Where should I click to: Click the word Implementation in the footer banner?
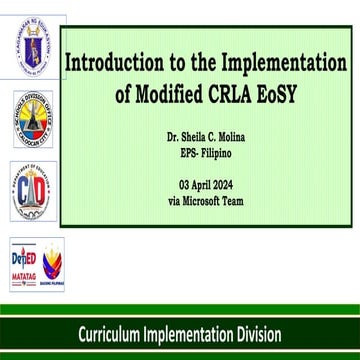coord(189,333)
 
